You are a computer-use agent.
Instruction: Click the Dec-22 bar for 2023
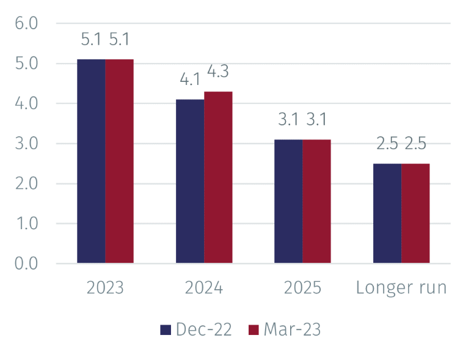[91, 161]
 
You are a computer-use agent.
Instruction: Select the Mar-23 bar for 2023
[119, 161]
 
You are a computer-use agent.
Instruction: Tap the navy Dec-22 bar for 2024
[190, 181]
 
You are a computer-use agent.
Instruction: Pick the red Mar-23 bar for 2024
[218, 177]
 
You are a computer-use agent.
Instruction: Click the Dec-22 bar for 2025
[289, 202]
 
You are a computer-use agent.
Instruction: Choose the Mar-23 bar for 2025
[317, 202]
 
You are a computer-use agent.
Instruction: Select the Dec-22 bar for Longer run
[387, 213]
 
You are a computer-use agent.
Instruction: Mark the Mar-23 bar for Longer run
[415, 213]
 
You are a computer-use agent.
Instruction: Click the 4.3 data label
[218, 72]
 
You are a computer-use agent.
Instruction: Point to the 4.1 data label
[190, 79]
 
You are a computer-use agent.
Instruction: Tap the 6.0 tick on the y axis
[26, 23]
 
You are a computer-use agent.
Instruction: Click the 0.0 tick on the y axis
[26, 263]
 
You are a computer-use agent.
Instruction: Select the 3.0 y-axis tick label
[26, 144]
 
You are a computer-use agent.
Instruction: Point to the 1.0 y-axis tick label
[27, 224]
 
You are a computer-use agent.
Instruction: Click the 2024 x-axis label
[204, 287]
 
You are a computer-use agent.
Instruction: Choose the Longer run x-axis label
[401, 288]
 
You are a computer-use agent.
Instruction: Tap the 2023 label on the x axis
[105, 287]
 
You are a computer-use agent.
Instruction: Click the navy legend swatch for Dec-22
[166, 330]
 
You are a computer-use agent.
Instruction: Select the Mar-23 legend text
[292, 329]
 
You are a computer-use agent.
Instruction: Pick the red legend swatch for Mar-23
[253, 330]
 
